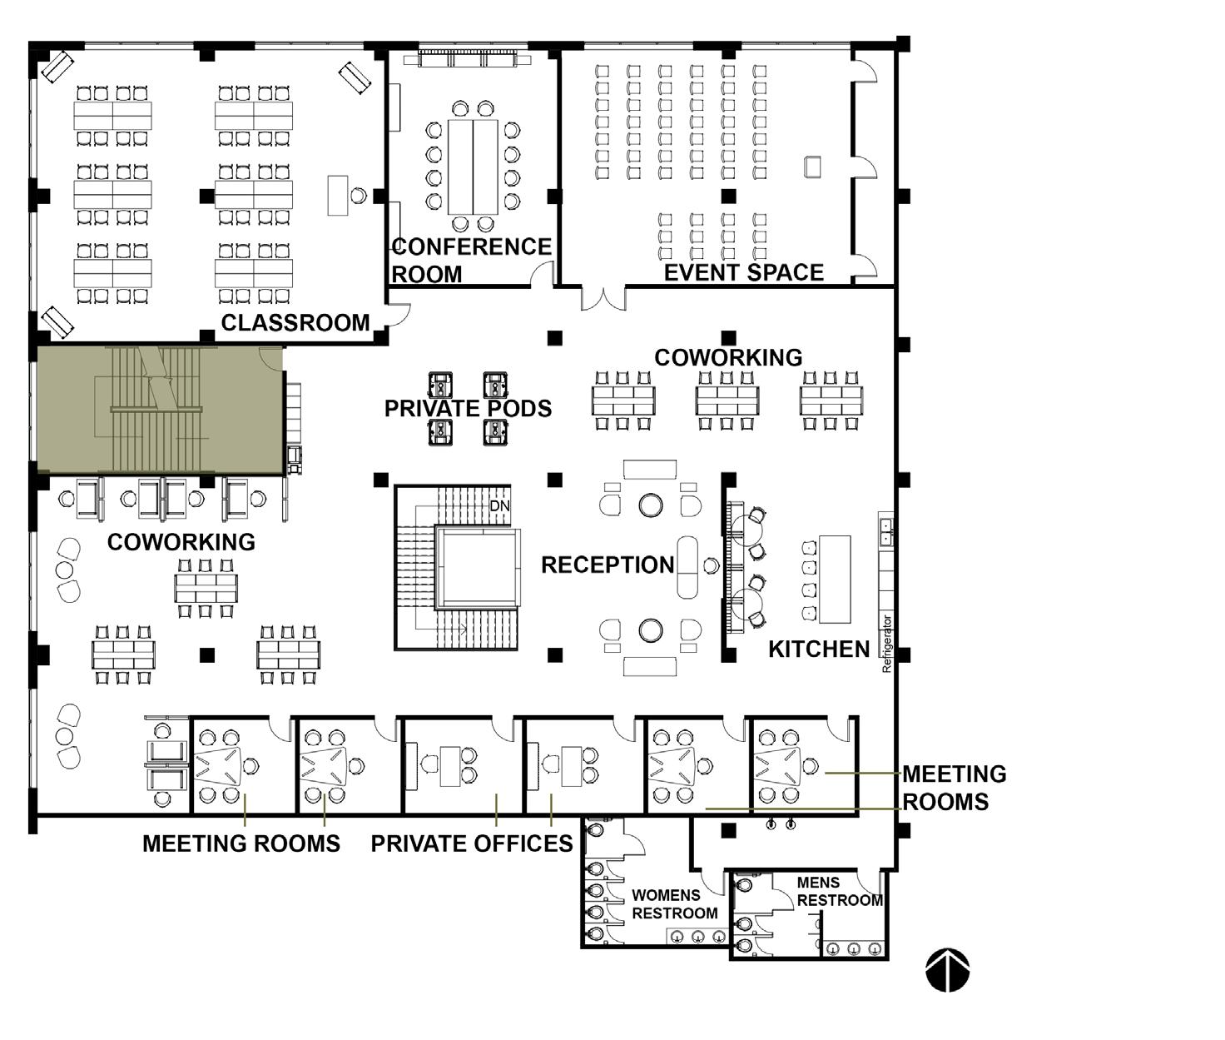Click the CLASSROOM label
(x=295, y=323)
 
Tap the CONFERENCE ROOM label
(x=471, y=261)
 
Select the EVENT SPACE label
(x=744, y=273)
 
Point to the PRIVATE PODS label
(x=469, y=409)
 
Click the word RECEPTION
(x=608, y=565)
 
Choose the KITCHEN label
(x=819, y=649)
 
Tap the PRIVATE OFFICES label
(x=472, y=843)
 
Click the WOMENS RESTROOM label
(x=674, y=904)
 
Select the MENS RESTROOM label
(x=840, y=892)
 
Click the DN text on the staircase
(x=499, y=505)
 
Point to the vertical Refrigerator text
(x=886, y=644)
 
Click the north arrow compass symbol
(x=948, y=970)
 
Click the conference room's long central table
(x=473, y=167)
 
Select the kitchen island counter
(x=835, y=580)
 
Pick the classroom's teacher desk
(x=338, y=195)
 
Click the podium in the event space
(x=812, y=167)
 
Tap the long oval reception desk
(x=687, y=567)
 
